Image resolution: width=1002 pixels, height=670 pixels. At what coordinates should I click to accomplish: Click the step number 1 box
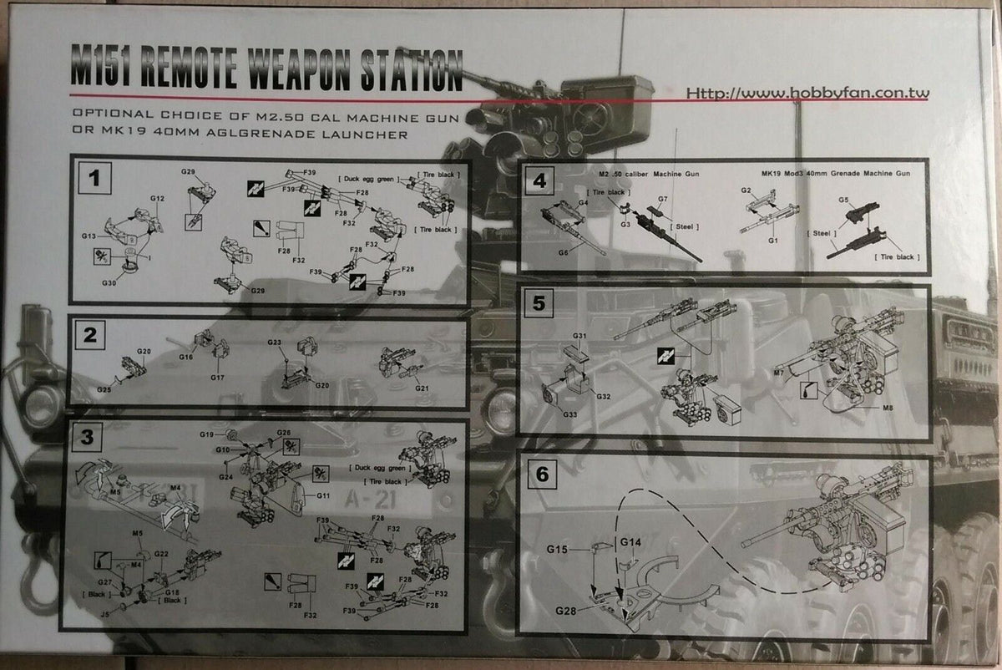coord(95,178)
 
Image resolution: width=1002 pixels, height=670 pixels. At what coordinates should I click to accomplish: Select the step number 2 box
coord(89,336)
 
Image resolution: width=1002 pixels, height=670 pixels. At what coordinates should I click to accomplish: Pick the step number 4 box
coord(539,180)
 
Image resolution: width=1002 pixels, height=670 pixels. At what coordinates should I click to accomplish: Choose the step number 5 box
coord(539,302)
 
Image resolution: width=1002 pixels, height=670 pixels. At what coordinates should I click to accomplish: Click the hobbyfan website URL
coord(807,94)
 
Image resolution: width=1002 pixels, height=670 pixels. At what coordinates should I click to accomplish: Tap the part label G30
coord(109,283)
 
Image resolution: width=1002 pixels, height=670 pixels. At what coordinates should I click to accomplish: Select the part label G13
coord(89,236)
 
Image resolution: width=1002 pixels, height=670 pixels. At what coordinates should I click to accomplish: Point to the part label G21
coord(422,388)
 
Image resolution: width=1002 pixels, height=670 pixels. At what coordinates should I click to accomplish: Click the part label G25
coord(104,390)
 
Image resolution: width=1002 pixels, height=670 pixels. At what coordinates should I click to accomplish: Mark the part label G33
coord(569,415)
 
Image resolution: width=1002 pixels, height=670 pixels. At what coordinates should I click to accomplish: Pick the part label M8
coord(888,408)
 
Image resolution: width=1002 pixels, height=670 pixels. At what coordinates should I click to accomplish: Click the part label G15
coord(558,548)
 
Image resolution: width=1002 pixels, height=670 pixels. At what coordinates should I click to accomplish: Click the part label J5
coord(104,613)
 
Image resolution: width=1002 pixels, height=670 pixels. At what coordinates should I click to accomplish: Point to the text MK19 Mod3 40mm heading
coord(835,172)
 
